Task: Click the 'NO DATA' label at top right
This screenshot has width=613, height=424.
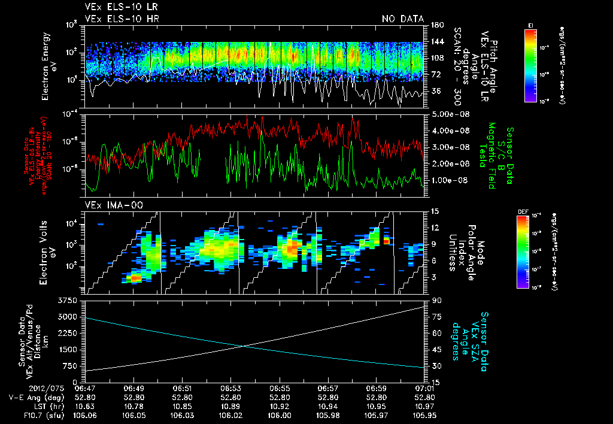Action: click(403, 19)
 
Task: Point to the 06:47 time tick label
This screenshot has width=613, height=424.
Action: click(85, 388)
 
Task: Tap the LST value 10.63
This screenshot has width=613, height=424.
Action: click(85, 405)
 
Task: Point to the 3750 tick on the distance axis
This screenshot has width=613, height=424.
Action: click(69, 300)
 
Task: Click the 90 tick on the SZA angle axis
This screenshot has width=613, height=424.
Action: click(436, 301)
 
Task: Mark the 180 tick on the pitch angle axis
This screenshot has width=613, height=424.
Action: click(436, 25)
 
